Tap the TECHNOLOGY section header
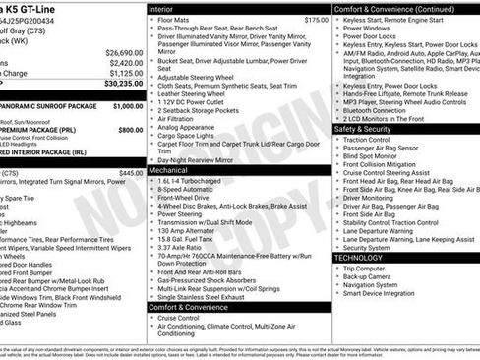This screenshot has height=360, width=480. [366, 257]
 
